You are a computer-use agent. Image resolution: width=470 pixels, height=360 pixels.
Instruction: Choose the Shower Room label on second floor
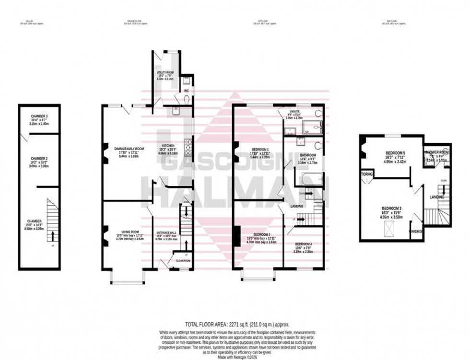(437, 152)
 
